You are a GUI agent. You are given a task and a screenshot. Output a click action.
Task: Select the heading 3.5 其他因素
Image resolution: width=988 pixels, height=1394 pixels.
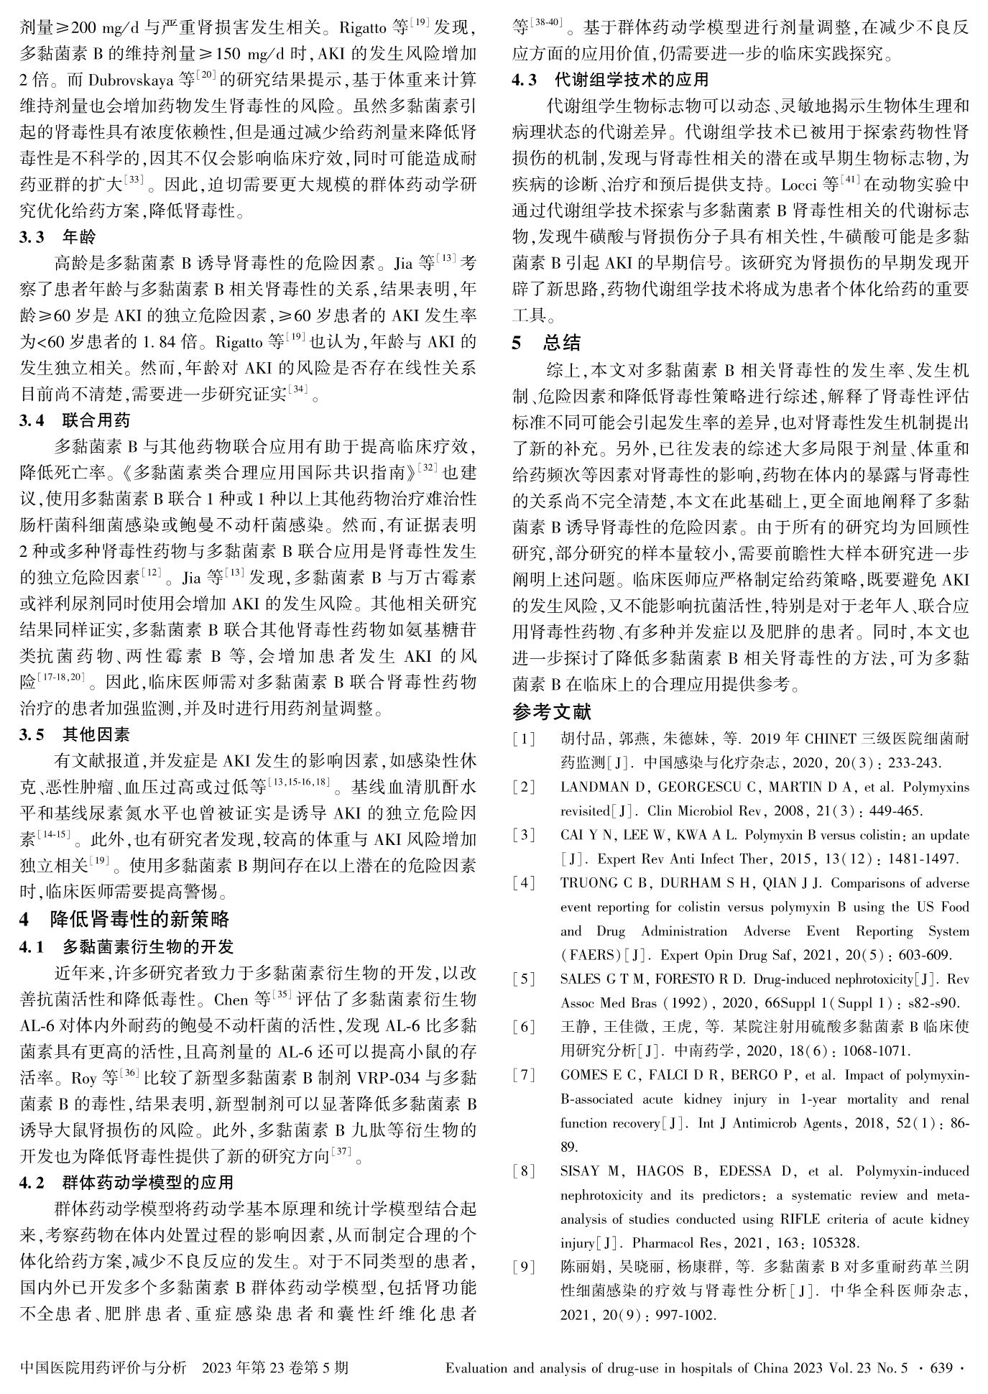pyautogui.click(x=75, y=734)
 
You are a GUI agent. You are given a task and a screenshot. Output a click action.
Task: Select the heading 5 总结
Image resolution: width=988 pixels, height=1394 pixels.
pyautogui.click(x=547, y=343)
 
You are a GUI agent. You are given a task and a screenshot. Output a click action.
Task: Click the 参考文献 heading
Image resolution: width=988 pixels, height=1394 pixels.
pyautogui.click(x=552, y=711)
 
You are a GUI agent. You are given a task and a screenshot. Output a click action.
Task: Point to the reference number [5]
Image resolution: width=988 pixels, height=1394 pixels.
pyautogui.click(x=524, y=979)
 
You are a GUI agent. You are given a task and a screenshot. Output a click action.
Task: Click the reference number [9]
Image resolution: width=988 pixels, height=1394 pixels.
pyautogui.click(x=524, y=1267)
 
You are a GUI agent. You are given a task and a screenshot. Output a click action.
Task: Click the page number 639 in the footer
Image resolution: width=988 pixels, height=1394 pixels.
pyautogui.click(x=942, y=1367)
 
